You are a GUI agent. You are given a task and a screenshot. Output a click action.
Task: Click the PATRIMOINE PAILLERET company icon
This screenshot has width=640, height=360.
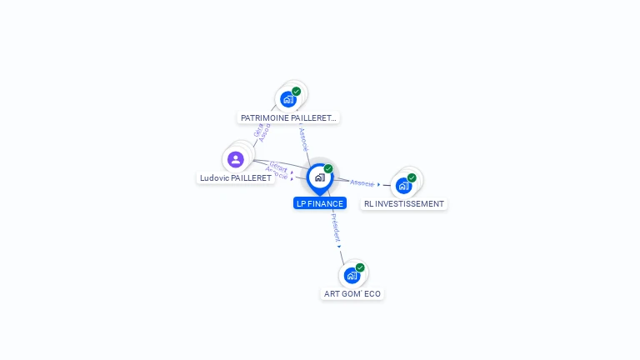(288, 99)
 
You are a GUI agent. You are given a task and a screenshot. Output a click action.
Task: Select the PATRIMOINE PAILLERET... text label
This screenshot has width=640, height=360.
(288, 118)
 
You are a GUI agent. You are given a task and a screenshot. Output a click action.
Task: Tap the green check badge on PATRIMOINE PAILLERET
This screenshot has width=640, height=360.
(297, 91)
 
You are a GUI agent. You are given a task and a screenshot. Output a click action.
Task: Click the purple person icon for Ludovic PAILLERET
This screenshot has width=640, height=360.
(236, 159)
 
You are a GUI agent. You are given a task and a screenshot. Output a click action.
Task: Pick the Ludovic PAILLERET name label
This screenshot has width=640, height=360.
(235, 178)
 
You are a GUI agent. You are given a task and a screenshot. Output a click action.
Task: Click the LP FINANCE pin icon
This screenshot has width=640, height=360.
(319, 177)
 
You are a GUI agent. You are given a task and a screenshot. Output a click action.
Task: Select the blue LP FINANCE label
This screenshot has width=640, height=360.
(319, 203)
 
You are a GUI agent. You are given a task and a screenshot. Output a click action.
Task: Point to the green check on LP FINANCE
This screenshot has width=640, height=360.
(328, 168)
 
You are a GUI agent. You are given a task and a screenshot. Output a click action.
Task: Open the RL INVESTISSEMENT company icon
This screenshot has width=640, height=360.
(403, 185)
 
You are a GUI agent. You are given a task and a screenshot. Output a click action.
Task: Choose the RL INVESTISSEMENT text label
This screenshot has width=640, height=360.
(404, 204)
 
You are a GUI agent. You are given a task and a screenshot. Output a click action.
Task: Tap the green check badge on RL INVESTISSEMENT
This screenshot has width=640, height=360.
(412, 177)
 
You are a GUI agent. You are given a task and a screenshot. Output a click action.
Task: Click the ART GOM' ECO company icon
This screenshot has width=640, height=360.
(352, 275)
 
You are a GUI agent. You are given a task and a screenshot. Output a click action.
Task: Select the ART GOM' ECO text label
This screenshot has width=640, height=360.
(352, 294)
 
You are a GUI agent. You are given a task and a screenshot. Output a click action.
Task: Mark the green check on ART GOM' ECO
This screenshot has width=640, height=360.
(360, 267)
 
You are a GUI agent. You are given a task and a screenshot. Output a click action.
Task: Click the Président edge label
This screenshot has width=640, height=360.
(335, 227)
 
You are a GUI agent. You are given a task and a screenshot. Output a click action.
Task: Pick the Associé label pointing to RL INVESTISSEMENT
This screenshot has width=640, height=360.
(362, 182)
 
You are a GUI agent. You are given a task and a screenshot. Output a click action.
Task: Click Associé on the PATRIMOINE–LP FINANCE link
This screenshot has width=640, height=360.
(303, 138)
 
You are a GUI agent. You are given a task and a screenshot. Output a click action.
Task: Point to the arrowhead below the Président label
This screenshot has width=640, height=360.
(339, 246)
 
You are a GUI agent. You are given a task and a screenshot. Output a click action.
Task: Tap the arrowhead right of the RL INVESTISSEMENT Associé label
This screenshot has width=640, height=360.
(379, 184)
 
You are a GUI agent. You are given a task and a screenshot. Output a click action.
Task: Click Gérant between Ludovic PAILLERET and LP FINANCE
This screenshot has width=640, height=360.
(279, 167)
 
